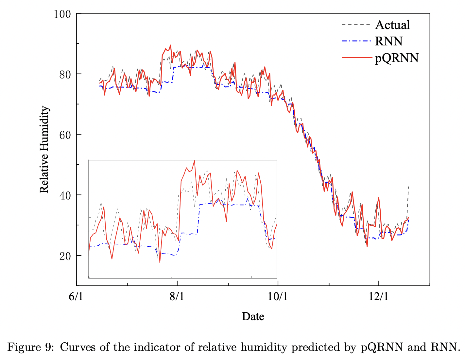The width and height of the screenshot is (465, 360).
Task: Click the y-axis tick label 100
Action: pyautogui.click(x=62, y=14)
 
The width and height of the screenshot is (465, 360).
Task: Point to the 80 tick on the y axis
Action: pyautogui.click(x=65, y=74)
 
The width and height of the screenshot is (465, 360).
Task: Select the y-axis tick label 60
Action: pyautogui.click(x=65, y=135)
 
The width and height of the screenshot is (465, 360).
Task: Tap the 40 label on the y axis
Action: pyautogui.click(x=65, y=195)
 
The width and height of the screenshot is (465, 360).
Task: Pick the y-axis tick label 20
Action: pyautogui.click(x=65, y=255)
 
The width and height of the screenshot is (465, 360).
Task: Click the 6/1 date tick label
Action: pyautogui.click(x=76, y=297)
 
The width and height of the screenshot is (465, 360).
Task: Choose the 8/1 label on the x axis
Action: pyautogui.click(x=177, y=297)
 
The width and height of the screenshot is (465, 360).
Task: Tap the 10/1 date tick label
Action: pyautogui.click(x=278, y=297)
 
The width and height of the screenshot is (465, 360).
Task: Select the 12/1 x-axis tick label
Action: pyautogui.click(x=378, y=297)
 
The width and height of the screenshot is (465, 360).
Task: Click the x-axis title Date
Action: pyautogui.click(x=253, y=316)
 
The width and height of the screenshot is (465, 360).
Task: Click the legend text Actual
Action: pyautogui.click(x=392, y=25)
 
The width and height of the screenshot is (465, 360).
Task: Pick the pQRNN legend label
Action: pyautogui.click(x=396, y=58)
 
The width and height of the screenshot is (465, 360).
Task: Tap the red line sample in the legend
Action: pyautogui.click(x=356, y=58)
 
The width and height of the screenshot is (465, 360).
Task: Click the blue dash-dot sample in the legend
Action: pyautogui.click(x=356, y=41)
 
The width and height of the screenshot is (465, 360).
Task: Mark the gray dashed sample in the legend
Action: pyautogui.click(x=356, y=25)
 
